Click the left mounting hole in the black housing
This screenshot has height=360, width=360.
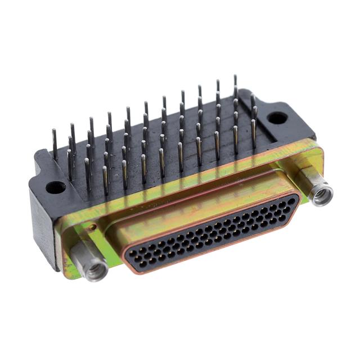[x=55, y=187]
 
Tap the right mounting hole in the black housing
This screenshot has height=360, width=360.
[x=277, y=118]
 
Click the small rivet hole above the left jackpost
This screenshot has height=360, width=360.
[x=91, y=227]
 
